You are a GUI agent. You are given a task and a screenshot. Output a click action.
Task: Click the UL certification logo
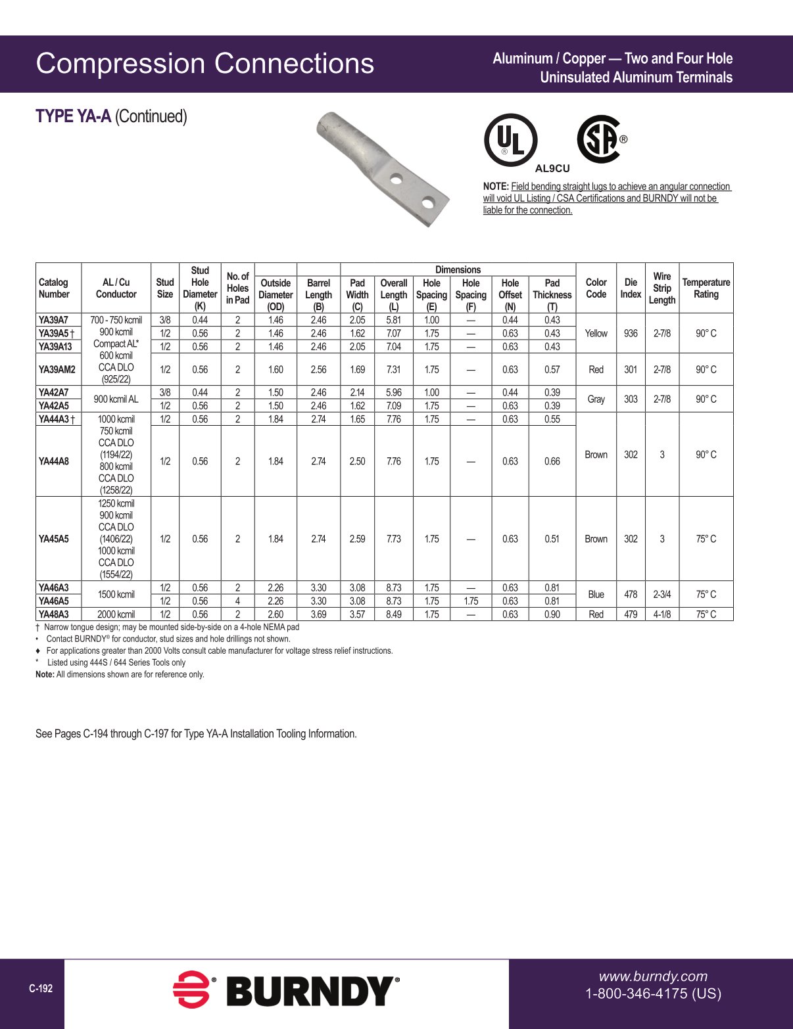[x=510, y=140]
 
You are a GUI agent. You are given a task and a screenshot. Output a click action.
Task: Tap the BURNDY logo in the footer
[x=287, y=990]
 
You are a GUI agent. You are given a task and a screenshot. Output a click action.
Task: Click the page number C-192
[x=41, y=988]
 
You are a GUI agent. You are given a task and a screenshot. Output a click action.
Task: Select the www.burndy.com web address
[x=652, y=976]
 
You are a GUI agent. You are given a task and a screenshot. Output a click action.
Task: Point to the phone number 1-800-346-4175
[x=653, y=994]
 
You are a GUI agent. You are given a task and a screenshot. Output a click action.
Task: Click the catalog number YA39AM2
[x=57, y=369]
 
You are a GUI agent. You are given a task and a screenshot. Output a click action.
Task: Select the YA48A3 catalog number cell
[x=54, y=614]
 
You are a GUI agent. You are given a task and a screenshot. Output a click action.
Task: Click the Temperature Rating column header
[x=706, y=288]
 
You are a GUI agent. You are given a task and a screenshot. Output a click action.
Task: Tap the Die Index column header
[x=630, y=288]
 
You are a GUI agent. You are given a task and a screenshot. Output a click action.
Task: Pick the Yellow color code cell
[x=596, y=333]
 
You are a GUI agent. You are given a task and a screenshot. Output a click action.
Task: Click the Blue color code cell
[x=596, y=594]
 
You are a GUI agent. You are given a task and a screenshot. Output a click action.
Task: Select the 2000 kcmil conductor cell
[x=116, y=614]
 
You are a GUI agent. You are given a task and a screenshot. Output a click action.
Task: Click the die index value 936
[x=630, y=333]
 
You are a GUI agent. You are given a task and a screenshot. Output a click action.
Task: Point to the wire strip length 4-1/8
[x=661, y=614]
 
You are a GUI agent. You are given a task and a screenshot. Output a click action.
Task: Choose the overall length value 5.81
[x=393, y=320]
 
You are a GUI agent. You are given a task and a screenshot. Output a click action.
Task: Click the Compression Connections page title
[x=204, y=64]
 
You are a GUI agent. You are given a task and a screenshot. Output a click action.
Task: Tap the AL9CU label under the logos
[x=552, y=168]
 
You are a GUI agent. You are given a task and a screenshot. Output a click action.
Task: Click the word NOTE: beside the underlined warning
[x=496, y=187]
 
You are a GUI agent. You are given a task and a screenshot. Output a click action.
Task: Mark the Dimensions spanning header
[x=458, y=269]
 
